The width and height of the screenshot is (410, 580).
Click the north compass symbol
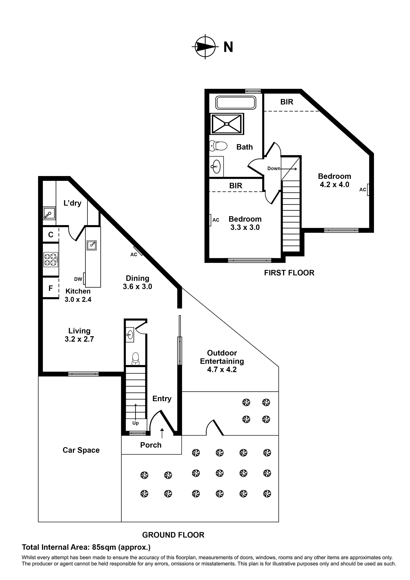point(205,47)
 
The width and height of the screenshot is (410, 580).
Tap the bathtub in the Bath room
point(235,103)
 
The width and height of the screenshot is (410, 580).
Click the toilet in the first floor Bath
point(219,146)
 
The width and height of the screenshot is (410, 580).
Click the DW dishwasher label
point(78,279)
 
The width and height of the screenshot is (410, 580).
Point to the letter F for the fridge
point(51,288)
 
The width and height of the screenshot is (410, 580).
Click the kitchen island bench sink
point(92,245)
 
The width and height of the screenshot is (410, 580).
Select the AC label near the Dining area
point(134,255)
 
